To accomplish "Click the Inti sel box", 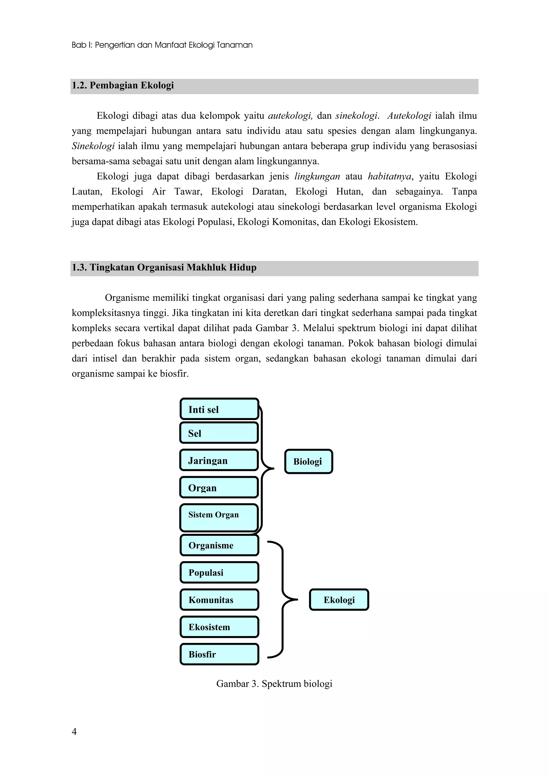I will click(x=219, y=409).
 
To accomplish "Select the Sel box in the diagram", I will click(x=219, y=433).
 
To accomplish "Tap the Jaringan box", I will click(x=219, y=460).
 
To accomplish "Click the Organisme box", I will click(x=219, y=545).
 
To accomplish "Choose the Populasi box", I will click(x=219, y=573).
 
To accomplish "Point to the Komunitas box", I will click(x=219, y=600).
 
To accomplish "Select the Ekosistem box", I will click(x=219, y=627).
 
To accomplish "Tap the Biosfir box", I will click(x=219, y=654).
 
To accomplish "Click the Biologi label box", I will click(x=308, y=461).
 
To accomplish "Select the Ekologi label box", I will click(x=339, y=600).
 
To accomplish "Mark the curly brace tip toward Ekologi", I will click(x=297, y=600).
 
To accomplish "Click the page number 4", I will click(x=74, y=732).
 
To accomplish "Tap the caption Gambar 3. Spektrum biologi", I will click(x=274, y=684).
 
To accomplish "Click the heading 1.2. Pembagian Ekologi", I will click(x=123, y=85).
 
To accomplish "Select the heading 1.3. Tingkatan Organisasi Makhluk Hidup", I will click(x=164, y=267).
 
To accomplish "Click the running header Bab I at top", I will click(x=162, y=45).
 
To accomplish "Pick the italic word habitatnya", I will click(x=389, y=176).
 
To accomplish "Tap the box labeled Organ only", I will click(x=219, y=487).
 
